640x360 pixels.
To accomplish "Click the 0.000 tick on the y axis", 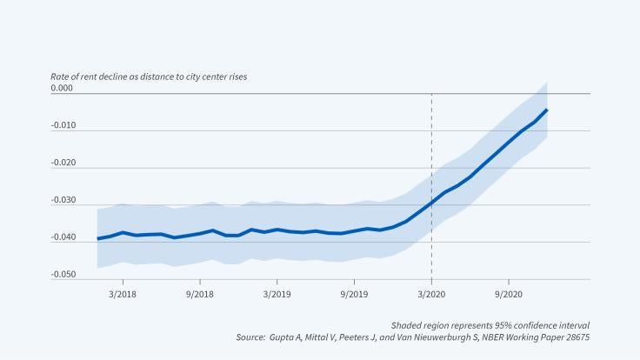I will pos(62,89).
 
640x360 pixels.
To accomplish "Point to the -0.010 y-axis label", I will pos(63,126).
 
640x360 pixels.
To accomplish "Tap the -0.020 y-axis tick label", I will pos(63,163).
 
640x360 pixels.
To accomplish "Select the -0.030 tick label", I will pos(63,201).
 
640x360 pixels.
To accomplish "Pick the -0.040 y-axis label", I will pos(63,237).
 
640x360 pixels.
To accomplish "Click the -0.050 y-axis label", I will pos(63,275).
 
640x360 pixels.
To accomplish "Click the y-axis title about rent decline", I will pos(149,77).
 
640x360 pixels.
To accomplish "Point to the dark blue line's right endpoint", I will pos(546,110).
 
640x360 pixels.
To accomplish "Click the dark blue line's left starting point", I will pos(97,238).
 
